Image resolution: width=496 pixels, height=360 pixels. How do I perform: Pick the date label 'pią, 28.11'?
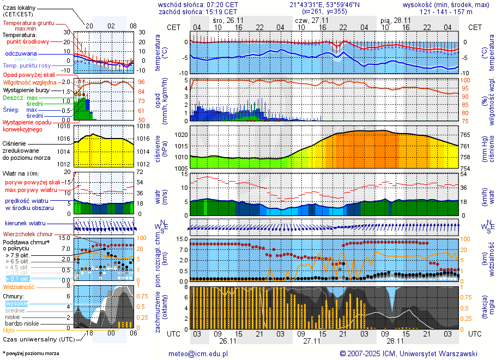396,20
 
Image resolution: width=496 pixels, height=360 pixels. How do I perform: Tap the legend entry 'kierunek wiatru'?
25,224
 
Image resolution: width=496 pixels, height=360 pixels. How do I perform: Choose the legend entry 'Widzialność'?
19,286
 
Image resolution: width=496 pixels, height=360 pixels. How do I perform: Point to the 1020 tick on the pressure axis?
181,134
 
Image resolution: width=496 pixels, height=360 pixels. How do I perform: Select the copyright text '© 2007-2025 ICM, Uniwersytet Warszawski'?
408,353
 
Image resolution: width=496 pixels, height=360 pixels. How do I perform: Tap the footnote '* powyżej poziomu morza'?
31,353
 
